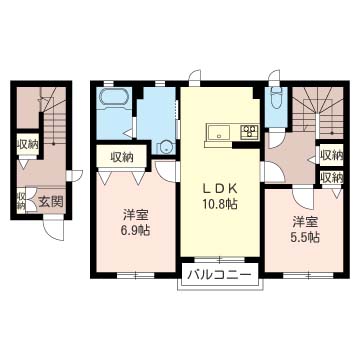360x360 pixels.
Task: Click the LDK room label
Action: [x=220, y=189]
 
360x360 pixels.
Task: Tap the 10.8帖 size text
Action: [x=220, y=204]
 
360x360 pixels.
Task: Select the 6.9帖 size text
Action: [x=136, y=230]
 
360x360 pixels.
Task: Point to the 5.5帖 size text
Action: [x=306, y=237]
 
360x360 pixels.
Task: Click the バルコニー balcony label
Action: [x=219, y=275]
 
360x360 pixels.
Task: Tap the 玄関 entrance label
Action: [x=51, y=202]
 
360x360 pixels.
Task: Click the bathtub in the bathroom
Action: [x=114, y=97]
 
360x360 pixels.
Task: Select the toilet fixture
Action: [x=276, y=97]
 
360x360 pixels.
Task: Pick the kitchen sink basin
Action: [x=218, y=132]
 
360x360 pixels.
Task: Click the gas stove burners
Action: [x=249, y=131]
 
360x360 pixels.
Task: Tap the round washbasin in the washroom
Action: [x=166, y=147]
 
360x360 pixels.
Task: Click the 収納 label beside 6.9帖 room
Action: [x=122, y=157]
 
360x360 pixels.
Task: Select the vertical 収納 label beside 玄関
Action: [x=21, y=201]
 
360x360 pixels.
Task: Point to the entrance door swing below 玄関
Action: [x=53, y=228]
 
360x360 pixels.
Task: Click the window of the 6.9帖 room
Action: [x=136, y=276]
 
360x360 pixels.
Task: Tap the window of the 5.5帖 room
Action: [x=308, y=276]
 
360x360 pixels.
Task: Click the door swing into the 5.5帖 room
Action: [x=303, y=197]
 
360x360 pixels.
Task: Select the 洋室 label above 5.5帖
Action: [x=306, y=223]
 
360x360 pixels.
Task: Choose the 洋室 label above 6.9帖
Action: [x=135, y=215]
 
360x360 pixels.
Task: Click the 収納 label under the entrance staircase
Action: [x=28, y=145]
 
